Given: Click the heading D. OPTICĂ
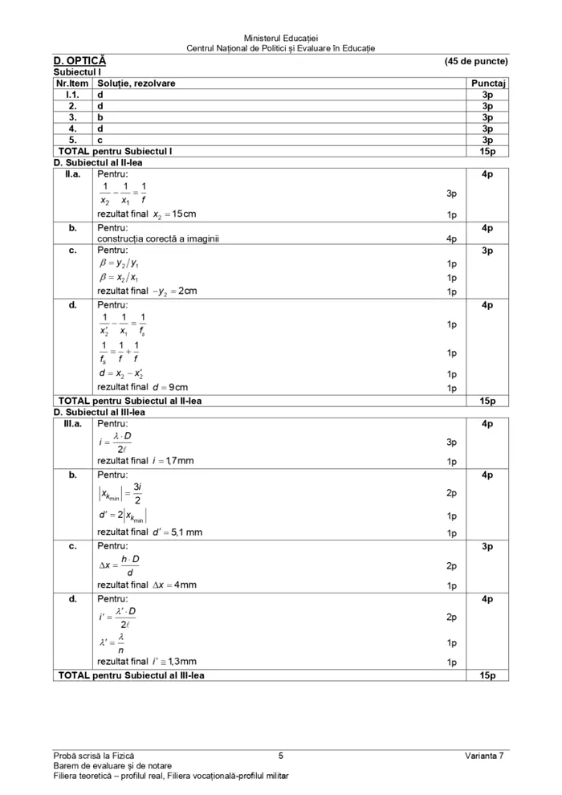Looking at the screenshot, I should point(79,61).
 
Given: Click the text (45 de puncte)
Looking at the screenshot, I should point(475,61).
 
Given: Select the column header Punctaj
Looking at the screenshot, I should point(487,83).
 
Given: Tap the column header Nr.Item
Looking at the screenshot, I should point(72,83).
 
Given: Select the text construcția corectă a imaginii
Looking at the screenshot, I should point(157,238).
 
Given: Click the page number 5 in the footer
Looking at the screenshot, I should point(281,755).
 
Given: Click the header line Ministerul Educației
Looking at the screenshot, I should point(281,38).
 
